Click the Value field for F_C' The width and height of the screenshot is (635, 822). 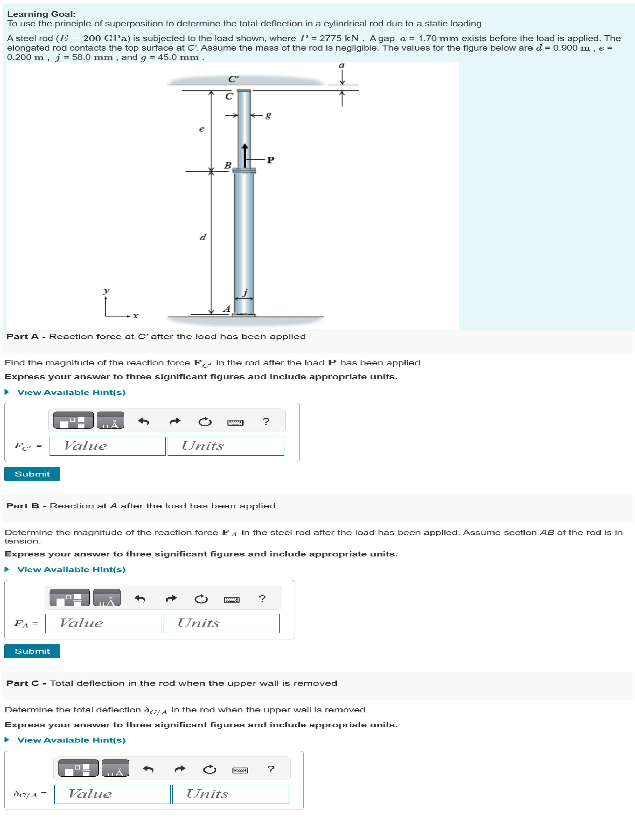[x=108, y=446]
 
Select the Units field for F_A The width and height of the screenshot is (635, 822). [x=222, y=623]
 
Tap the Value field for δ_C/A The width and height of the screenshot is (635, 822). [x=112, y=794]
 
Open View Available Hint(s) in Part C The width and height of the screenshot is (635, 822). [x=71, y=740]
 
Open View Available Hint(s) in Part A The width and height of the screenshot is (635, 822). [x=71, y=392]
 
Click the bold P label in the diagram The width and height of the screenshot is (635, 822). [x=270, y=160]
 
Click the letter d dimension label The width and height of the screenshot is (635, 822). [x=203, y=237]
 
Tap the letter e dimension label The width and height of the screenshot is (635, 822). [x=202, y=129]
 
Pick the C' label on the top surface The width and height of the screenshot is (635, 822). [x=233, y=79]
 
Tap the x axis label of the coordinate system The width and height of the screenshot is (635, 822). [x=135, y=316]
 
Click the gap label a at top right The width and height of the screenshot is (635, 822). [x=341, y=66]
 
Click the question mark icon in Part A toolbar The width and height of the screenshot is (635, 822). [x=266, y=421]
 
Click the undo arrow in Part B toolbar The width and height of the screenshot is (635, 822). [x=139, y=598]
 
